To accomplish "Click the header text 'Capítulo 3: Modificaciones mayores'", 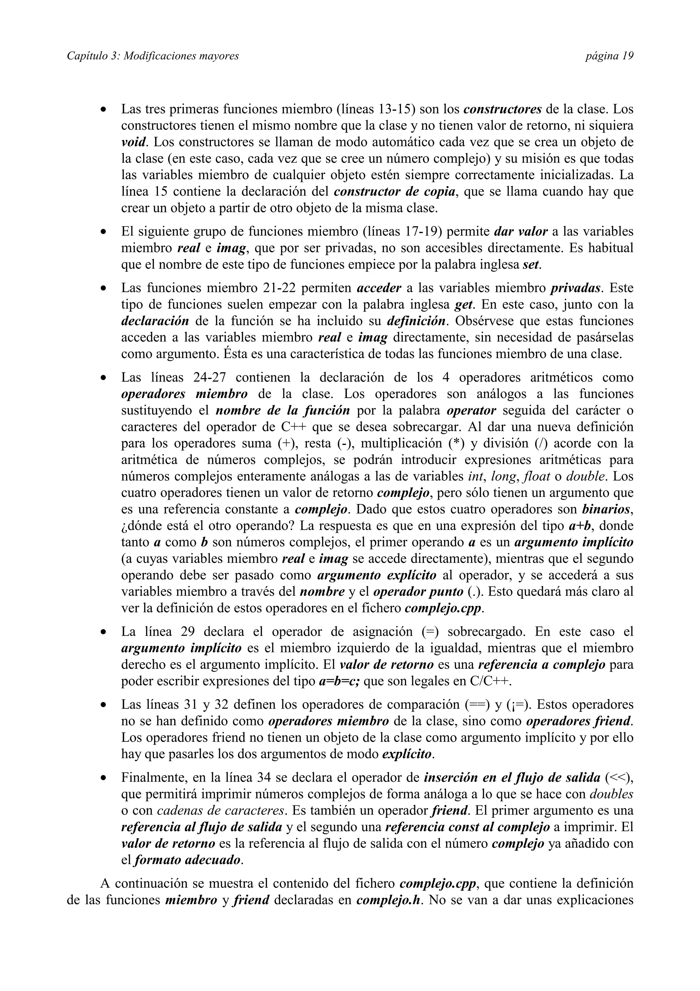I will (x=153, y=56).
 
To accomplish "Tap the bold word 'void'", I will (x=134, y=142).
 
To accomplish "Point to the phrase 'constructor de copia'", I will (x=395, y=191).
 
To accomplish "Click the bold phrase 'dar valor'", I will (x=521, y=232).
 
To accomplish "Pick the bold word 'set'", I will (x=531, y=265).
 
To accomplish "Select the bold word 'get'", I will (x=464, y=305).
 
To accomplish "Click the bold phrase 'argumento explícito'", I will (x=377, y=576).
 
